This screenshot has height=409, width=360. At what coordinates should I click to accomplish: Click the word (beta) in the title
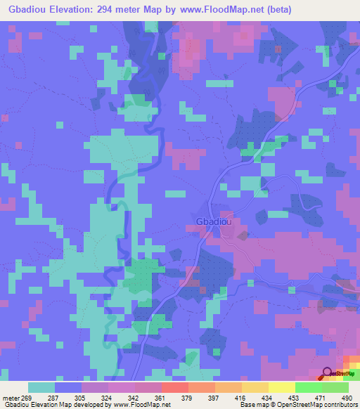276,10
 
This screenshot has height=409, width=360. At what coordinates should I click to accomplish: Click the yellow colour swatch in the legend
281,387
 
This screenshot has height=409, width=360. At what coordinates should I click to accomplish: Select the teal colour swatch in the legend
41,387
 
